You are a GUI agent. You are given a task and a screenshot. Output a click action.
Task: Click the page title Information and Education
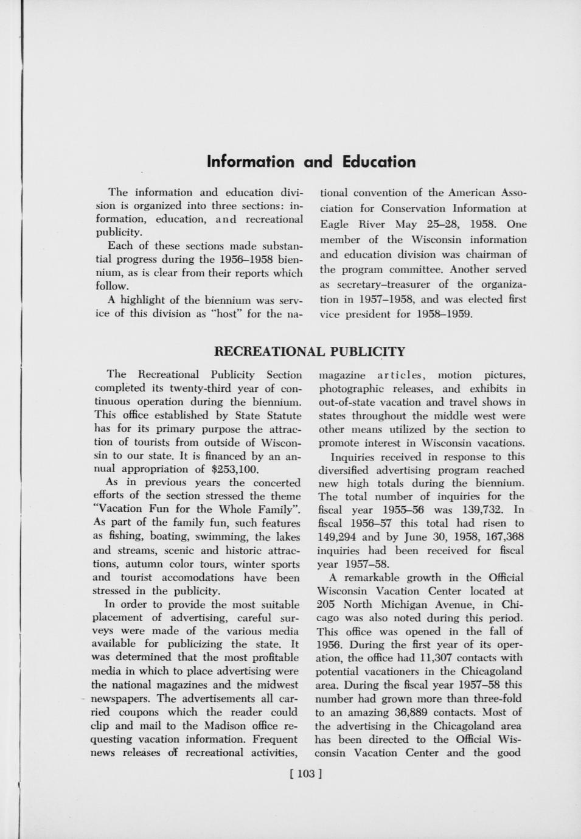(x=311, y=162)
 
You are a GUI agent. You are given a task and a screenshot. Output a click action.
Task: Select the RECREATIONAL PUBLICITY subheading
(x=310, y=352)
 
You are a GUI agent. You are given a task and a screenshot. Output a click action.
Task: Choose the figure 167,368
(x=502, y=537)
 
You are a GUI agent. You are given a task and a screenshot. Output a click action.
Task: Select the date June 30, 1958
(x=436, y=537)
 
